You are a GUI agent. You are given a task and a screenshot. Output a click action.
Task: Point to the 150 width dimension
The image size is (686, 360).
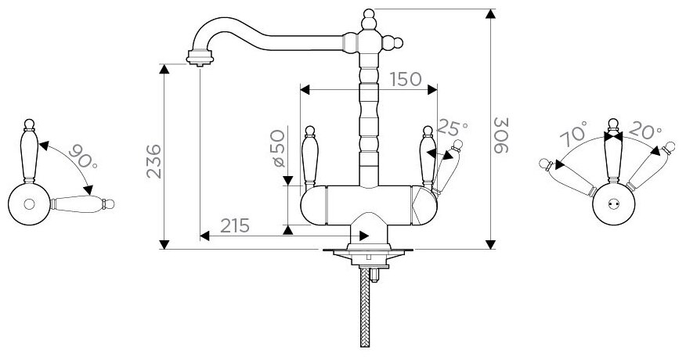[x=404, y=79]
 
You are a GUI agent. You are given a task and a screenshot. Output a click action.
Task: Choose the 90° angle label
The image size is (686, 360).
[x=84, y=157]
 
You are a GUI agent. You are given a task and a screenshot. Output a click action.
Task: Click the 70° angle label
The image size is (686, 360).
[x=574, y=135]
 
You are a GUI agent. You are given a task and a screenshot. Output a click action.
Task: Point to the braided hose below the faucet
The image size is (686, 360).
[x=364, y=309]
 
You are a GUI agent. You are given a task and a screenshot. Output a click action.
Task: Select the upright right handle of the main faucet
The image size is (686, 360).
[x=428, y=157]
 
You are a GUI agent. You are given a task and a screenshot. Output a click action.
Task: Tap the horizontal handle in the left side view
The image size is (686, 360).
[x=82, y=205]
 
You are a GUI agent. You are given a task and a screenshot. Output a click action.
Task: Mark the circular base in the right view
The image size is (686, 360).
[x=613, y=205]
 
